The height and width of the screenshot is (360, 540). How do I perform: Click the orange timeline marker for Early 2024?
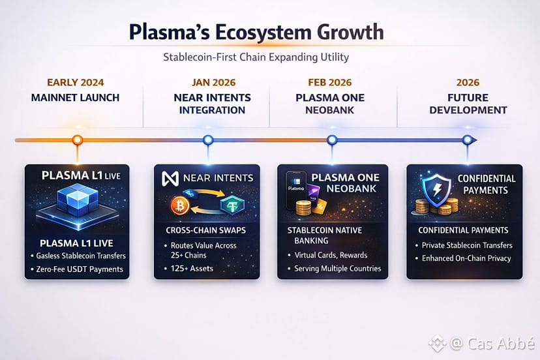[x=78, y=140]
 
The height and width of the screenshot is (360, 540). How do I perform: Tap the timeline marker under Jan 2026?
[x=208, y=140]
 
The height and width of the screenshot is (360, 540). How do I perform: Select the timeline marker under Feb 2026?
[x=332, y=140]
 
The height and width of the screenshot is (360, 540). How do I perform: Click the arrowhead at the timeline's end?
[x=474, y=140]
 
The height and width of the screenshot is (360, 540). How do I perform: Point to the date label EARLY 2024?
[x=76, y=83]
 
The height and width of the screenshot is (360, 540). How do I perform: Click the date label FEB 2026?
[x=330, y=83]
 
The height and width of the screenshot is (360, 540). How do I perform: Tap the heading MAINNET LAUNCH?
[x=75, y=97]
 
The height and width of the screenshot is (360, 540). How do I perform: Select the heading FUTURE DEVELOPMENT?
[x=468, y=104]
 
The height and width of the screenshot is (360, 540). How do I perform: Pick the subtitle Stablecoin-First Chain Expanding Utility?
[x=256, y=57]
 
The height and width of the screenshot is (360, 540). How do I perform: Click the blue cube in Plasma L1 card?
[x=78, y=200]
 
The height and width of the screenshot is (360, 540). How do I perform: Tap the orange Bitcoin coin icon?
[x=180, y=205]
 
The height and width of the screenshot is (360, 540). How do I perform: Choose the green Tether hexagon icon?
[x=232, y=205]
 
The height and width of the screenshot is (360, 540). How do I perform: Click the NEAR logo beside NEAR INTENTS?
[x=170, y=179]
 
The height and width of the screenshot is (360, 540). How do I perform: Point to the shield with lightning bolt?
[x=437, y=190]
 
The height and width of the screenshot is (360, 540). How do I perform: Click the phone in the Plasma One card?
[x=296, y=190]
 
